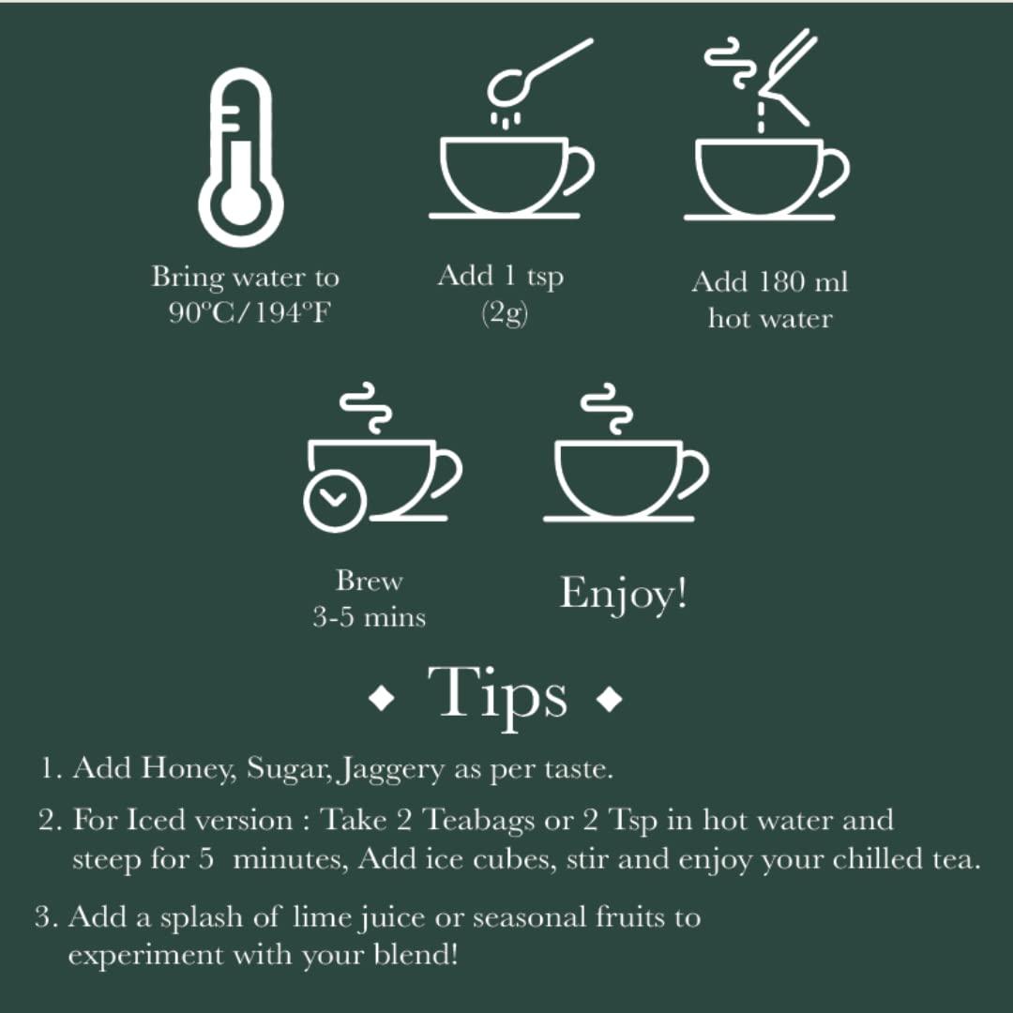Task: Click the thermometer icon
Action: (x=240, y=157)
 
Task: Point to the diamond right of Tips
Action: (x=610, y=699)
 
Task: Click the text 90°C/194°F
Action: (x=249, y=313)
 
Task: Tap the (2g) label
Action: (x=505, y=313)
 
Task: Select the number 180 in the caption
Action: (x=781, y=282)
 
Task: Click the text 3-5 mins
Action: (x=369, y=617)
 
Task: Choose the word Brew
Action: (x=369, y=581)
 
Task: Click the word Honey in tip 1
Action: (x=189, y=769)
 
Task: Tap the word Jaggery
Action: (x=393, y=770)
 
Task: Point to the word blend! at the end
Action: (x=416, y=954)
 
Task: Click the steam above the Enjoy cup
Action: (x=608, y=408)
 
